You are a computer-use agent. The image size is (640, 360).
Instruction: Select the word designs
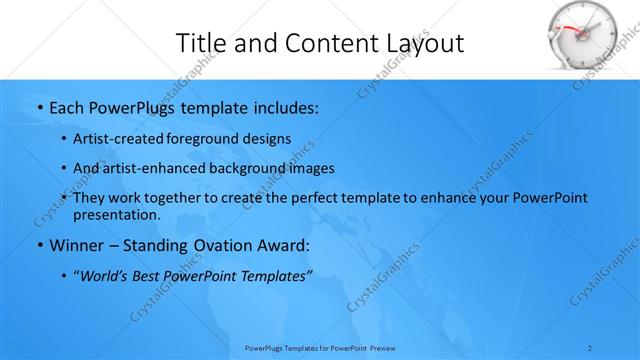pyautogui.click(x=271, y=138)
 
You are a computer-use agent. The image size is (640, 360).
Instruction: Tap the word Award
pyautogui.click(x=283, y=245)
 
